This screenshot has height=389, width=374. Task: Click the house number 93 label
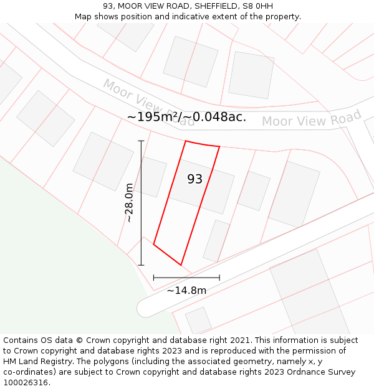click(195, 179)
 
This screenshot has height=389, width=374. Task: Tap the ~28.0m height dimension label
click(129, 203)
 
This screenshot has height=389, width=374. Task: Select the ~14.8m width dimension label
click(186, 289)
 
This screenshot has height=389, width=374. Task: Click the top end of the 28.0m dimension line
click(141, 141)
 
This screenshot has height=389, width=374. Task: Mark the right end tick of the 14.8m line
click(219, 278)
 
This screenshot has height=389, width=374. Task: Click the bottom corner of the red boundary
click(181, 265)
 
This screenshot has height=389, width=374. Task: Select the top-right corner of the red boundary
click(219, 147)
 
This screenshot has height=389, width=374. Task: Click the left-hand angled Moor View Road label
click(148, 102)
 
